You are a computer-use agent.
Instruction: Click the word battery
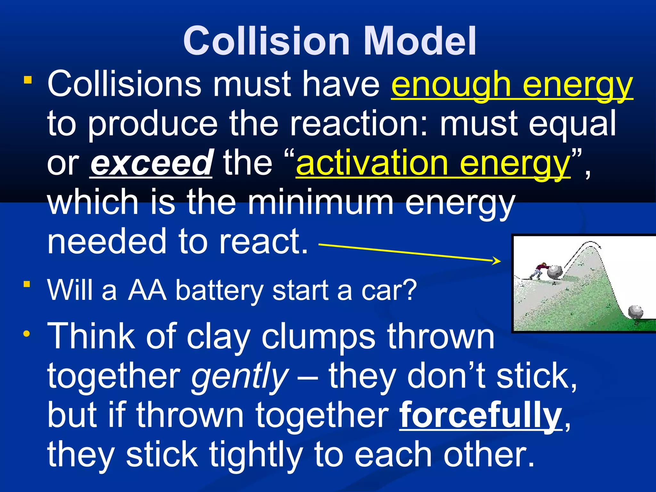click(219, 290)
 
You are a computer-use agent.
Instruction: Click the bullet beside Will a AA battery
click(27, 284)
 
